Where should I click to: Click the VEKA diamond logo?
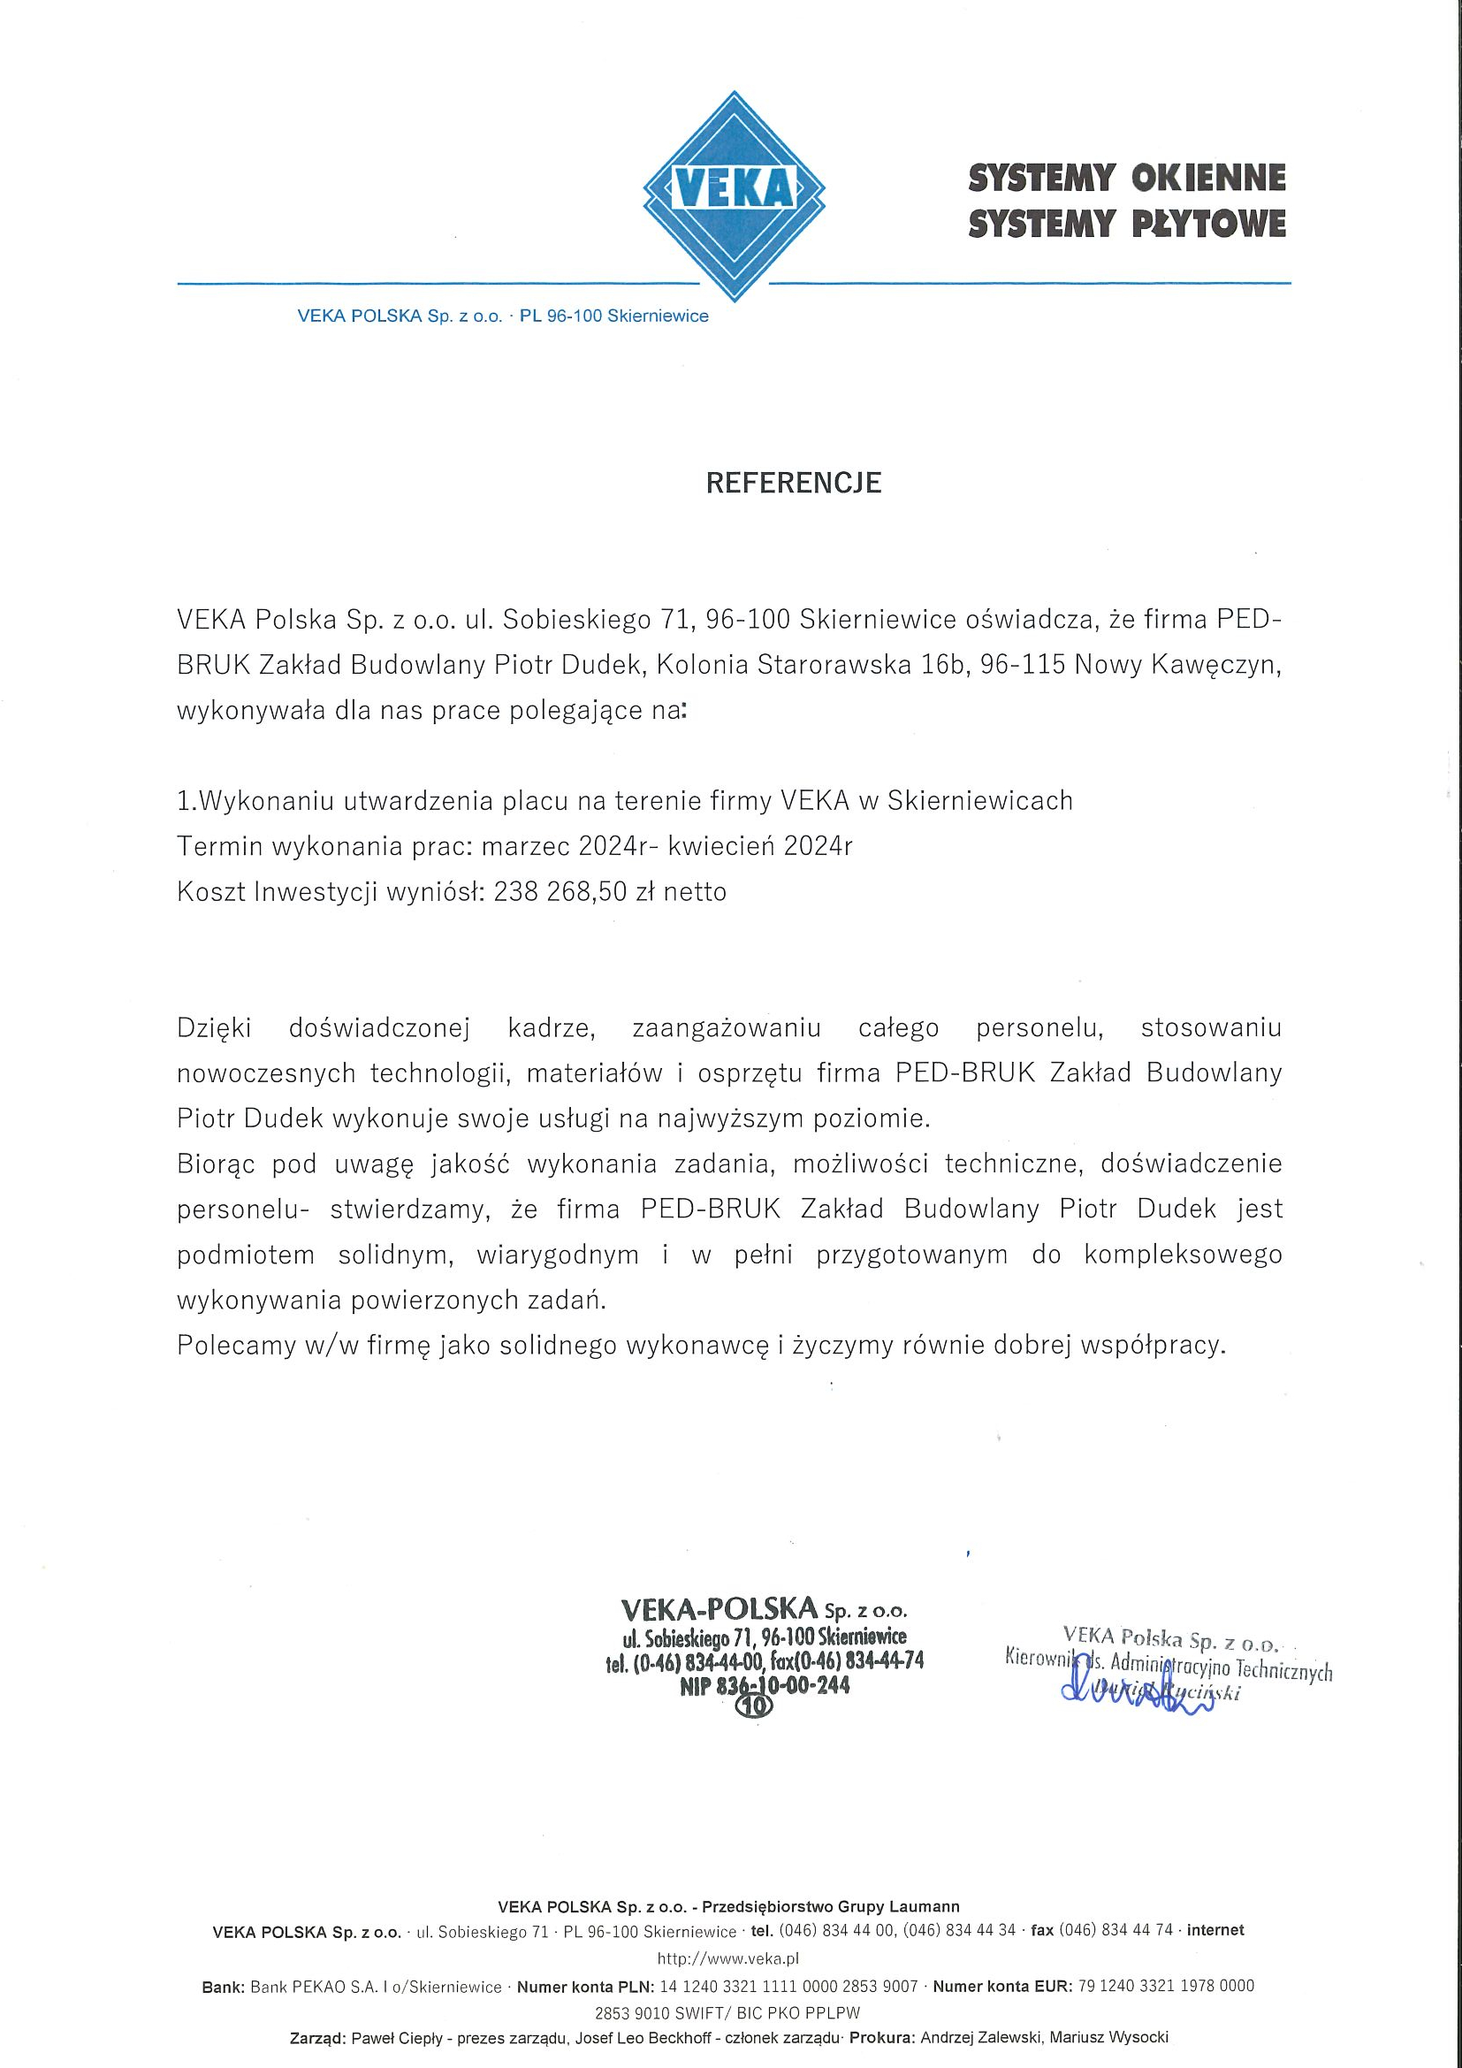[734, 195]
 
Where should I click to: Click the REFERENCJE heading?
[793, 484]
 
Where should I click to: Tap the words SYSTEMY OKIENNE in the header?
[1126, 178]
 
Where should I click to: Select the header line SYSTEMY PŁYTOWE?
[1126, 224]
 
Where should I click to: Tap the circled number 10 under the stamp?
[754, 1705]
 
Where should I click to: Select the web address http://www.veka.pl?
[728, 1958]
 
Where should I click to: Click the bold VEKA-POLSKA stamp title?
[718, 1607]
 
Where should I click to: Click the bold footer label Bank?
[225, 1986]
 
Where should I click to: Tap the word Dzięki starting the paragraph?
[214, 1027]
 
